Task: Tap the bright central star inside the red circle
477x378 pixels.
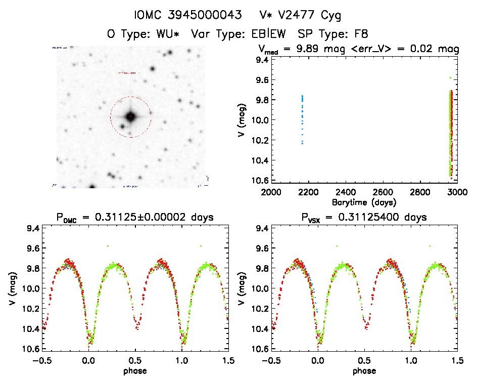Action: point(130,117)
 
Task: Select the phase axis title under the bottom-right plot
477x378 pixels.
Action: point(364,370)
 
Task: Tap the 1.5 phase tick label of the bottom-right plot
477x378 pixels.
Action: point(457,360)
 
